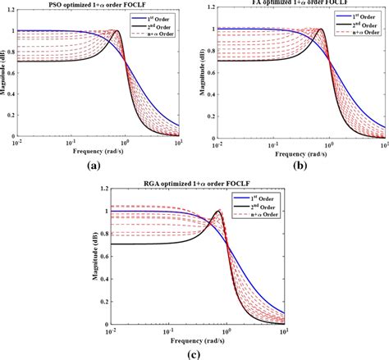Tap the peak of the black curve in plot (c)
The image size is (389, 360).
[218, 212]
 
